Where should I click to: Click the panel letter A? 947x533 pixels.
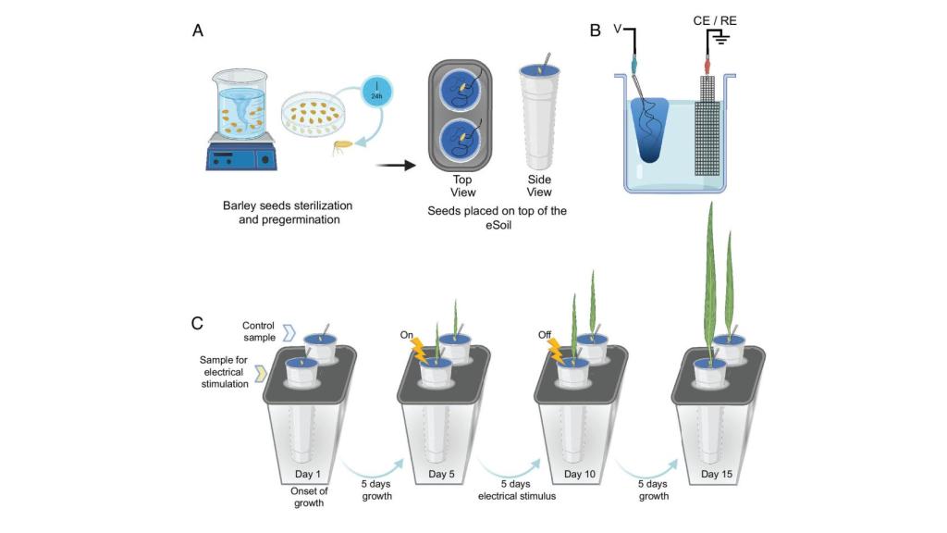[x=198, y=31]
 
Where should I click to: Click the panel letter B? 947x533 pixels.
[x=595, y=31]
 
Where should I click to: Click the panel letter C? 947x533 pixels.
[x=197, y=323]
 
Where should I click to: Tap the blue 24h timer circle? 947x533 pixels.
[x=377, y=93]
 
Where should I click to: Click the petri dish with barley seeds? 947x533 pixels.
[x=312, y=113]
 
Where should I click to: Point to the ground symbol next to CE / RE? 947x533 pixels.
[x=719, y=39]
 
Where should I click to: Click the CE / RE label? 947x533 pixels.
[x=715, y=20]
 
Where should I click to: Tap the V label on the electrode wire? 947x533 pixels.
[x=617, y=29]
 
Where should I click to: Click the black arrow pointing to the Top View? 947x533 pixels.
[x=396, y=165]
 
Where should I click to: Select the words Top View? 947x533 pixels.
[x=462, y=186]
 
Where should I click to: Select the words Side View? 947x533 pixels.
[x=539, y=186]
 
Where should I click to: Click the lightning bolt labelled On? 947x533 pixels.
[x=419, y=351]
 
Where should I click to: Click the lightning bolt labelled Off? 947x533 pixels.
[x=555, y=352]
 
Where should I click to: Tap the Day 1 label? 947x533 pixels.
[x=307, y=475]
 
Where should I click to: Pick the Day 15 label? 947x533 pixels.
[x=717, y=475]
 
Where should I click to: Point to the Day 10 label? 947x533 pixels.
[x=579, y=475]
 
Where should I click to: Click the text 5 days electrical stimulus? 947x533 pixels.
[x=516, y=490]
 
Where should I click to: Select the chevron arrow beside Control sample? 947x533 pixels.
[x=289, y=332]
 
